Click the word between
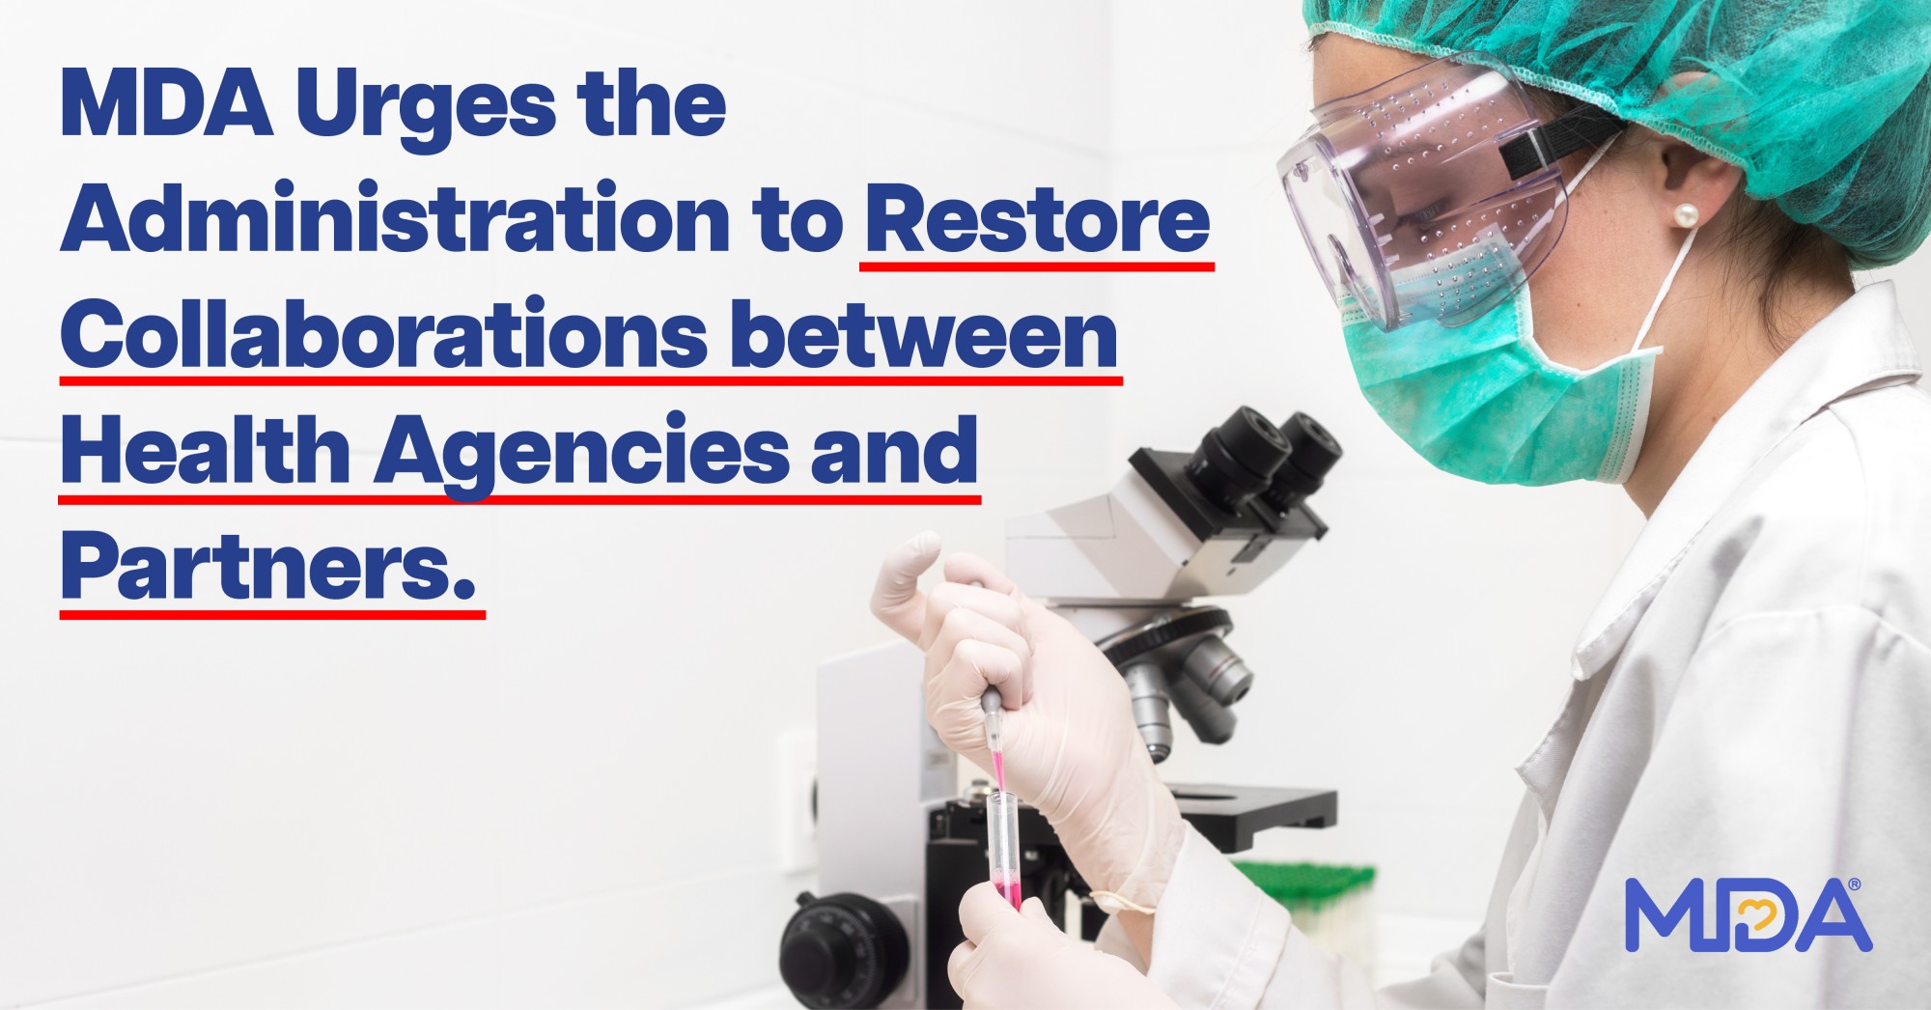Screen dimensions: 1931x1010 click(924, 334)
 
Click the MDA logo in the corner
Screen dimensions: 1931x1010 click(1749, 914)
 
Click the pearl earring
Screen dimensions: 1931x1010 click(1686, 214)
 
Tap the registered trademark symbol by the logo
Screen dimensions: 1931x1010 click(1854, 884)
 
